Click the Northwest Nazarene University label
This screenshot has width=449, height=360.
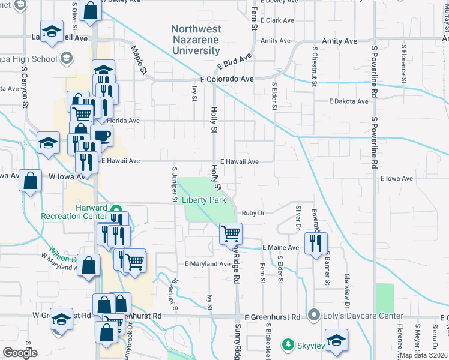click(196, 40)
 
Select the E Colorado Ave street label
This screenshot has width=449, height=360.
click(228, 79)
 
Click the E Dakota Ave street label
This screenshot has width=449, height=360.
click(348, 101)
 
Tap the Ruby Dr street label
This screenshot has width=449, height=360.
click(253, 212)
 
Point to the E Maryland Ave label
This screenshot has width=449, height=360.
click(208, 264)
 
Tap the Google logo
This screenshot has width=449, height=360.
click(20, 352)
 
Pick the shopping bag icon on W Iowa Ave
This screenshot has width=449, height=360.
click(30, 180)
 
